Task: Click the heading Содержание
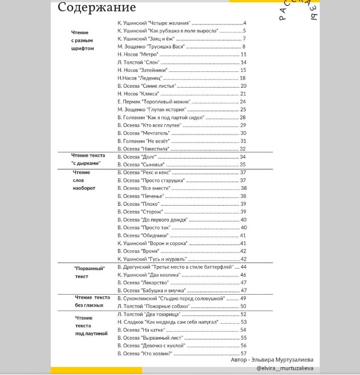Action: [97, 8]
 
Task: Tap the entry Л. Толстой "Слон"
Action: [137, 62]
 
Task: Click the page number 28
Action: [242, 117]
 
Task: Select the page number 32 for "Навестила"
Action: [242, 149]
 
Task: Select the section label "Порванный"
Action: [90, 268]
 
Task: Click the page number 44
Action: [243, 267]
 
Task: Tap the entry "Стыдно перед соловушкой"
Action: [171, 298]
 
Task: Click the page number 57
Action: [243, 353]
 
